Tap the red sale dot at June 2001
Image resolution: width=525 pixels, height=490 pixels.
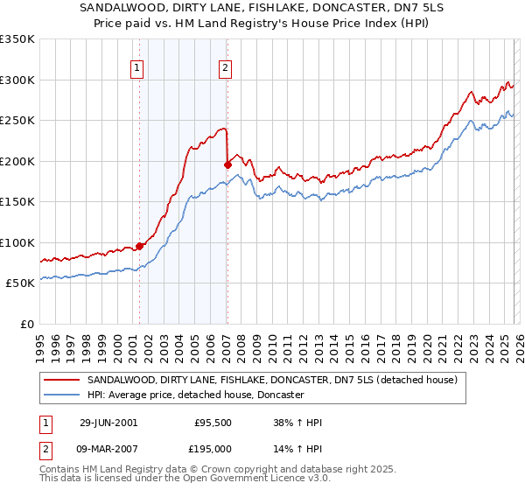[x=139, y=246]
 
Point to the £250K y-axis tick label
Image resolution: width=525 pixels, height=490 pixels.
[x=17, y=121]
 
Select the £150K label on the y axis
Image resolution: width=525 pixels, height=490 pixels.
[x=17, y=201]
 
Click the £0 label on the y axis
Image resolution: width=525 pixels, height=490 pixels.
[x=26, y=324]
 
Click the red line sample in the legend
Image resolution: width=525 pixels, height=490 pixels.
[x=62, y=381]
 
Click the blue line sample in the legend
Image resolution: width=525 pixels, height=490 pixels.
[x=62, y=395]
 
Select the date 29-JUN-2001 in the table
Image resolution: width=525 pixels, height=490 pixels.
[x=108, y=423]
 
